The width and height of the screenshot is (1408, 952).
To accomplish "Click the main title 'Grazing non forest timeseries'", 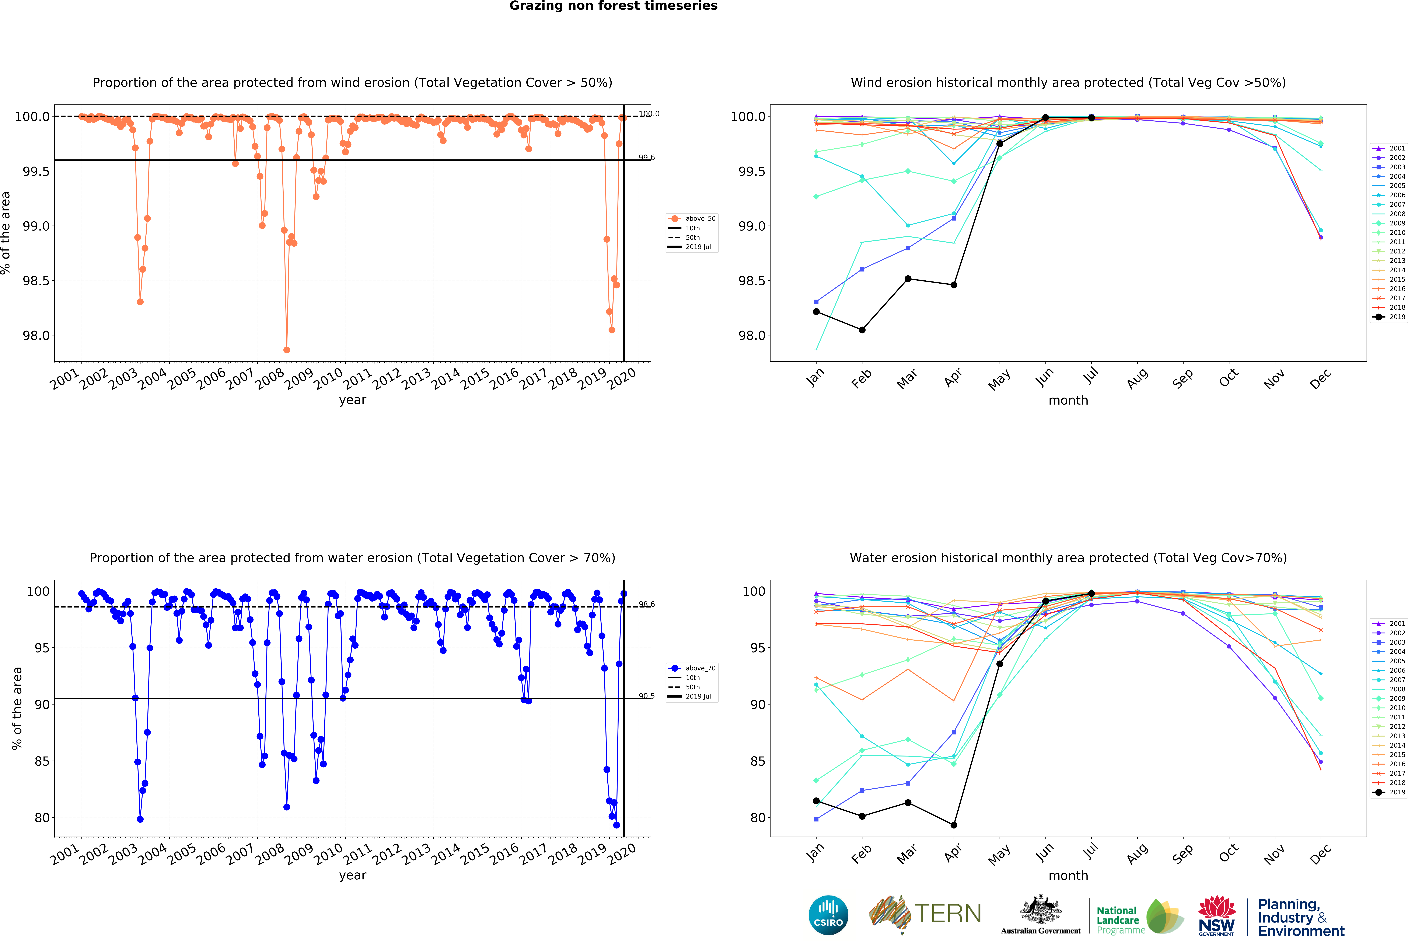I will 613,6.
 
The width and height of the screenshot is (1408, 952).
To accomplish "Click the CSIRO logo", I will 828,915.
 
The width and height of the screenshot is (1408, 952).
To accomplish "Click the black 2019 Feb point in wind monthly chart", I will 862,330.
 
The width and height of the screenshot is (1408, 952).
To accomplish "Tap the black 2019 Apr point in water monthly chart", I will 954,825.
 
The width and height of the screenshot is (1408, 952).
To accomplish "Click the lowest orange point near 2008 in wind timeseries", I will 287,350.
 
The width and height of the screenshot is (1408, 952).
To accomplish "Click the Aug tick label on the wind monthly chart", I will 1137,377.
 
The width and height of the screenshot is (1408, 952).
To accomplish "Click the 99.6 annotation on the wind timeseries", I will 646,157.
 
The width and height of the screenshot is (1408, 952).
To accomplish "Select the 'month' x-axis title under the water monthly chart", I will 1068,876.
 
